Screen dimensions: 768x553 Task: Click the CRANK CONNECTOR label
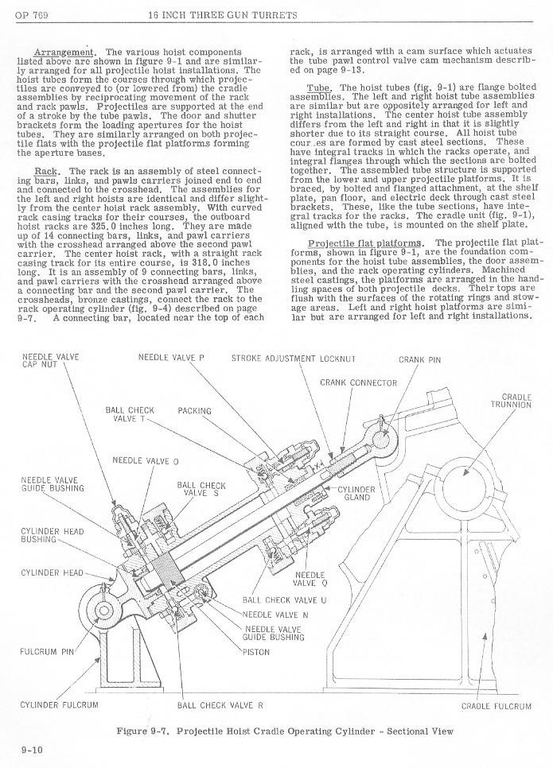click(x=358, y=382)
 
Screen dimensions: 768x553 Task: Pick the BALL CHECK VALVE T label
click(x=130, y=414)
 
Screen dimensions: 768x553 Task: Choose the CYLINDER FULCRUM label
click(x=59, y=704)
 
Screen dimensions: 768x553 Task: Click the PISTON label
click(x=256, y=652)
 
